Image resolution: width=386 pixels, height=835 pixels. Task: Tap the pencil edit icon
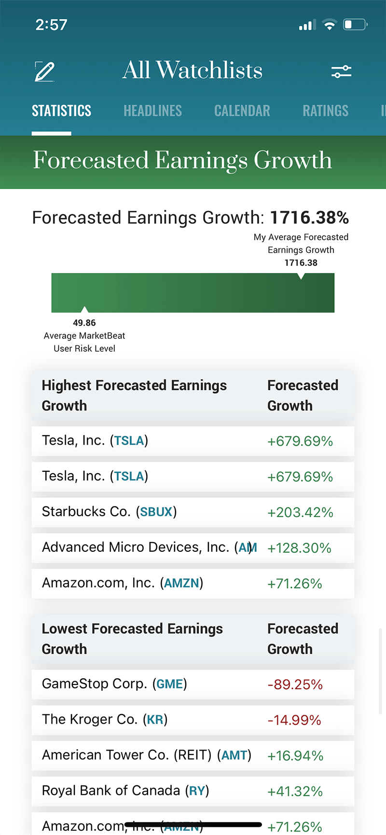click(45, 71)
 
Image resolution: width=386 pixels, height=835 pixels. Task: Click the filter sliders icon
click(341, 72)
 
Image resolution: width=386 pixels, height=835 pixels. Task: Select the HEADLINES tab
click(152, 111)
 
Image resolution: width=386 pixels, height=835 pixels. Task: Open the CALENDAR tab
click(242, 111)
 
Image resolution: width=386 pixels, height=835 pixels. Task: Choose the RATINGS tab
click(325, 111)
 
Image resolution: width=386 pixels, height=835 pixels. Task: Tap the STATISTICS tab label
click(61, 111)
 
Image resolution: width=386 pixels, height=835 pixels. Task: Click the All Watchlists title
click(193, 70)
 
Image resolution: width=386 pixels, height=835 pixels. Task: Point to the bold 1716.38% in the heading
click(309, 218)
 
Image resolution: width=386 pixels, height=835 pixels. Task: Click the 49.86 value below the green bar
click(84, 323)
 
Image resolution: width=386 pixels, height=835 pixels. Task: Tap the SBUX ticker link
click(156, 512)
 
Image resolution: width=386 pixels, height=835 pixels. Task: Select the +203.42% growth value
click(300, 512)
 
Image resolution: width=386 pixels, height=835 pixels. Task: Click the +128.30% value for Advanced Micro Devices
click(299, 548)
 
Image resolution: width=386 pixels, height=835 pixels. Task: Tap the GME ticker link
click(170, 684)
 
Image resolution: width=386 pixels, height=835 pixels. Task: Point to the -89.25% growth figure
click(295, 684)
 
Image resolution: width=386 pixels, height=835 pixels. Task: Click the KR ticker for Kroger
click(155, 720)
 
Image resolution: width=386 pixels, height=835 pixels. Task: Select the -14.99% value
click(294, 720)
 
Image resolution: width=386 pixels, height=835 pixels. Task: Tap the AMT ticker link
click(234, 755)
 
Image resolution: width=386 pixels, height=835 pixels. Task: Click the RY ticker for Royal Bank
click(197, 791)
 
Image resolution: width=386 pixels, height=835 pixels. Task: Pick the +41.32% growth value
click(295, 792)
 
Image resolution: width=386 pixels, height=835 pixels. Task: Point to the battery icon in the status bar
click(355, 25)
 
